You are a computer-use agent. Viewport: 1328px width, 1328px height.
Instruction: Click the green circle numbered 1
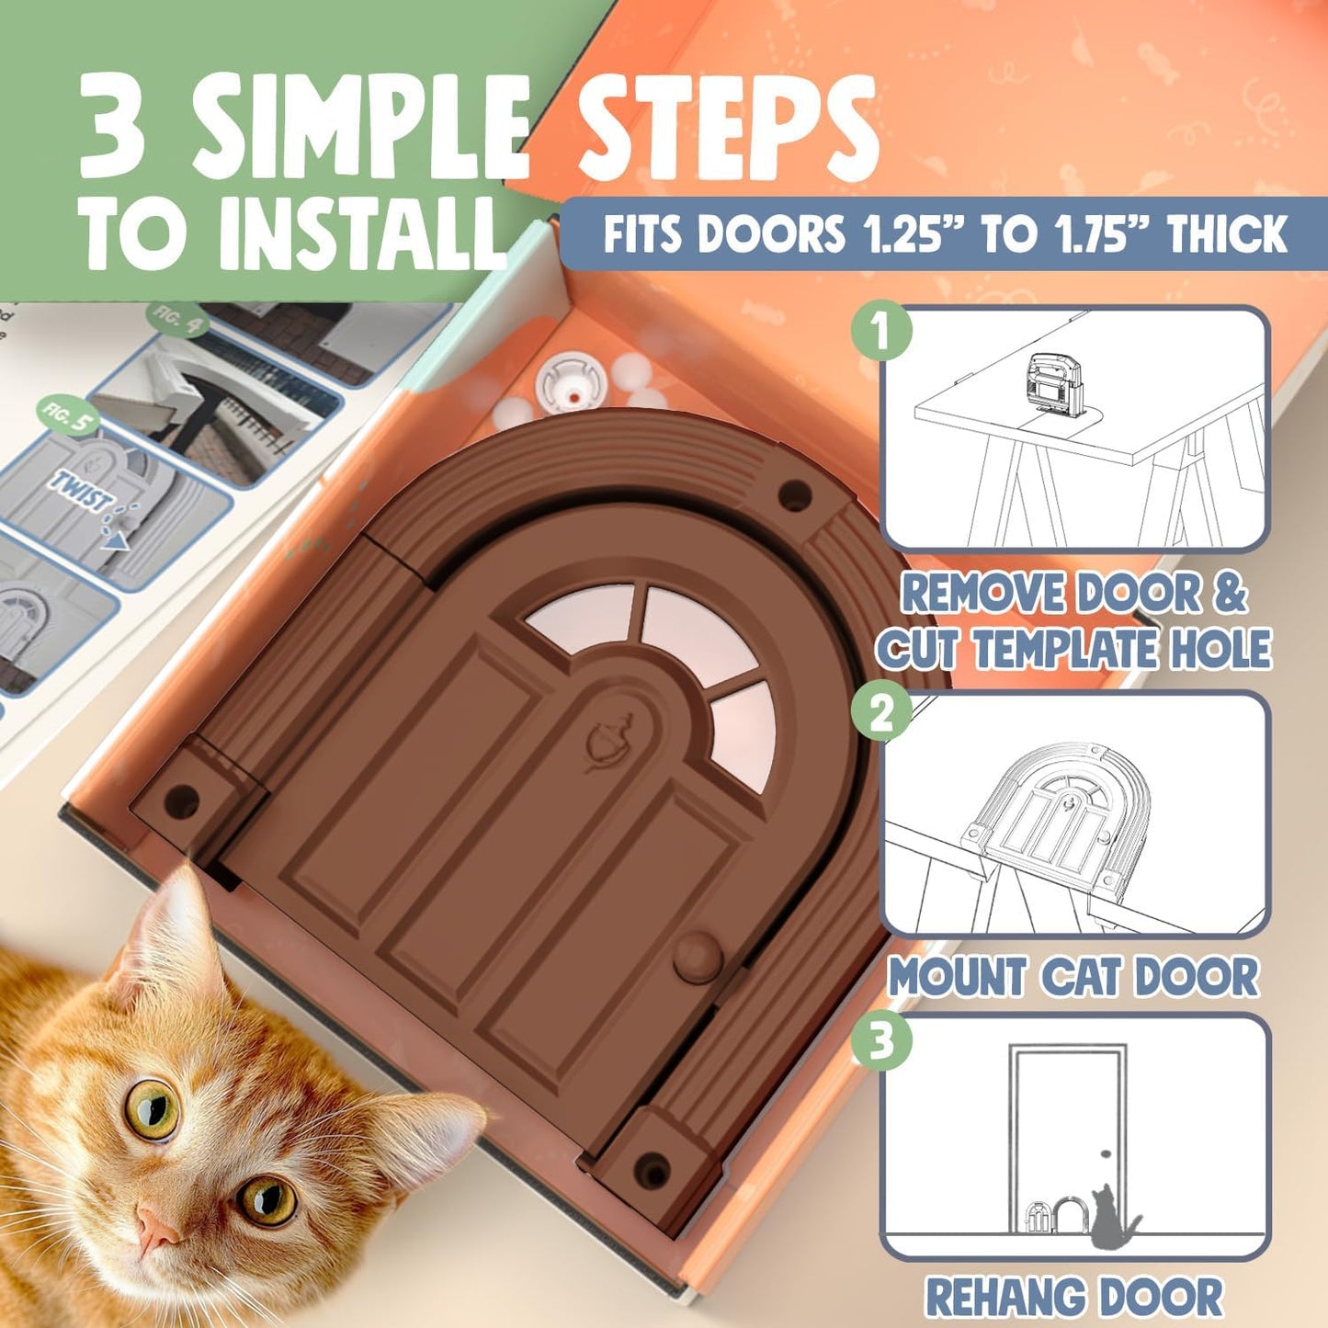[881, 331]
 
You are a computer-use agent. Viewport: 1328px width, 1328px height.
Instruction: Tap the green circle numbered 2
[881, 713]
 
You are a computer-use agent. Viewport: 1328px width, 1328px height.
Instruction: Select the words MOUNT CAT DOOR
[1073, 977]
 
